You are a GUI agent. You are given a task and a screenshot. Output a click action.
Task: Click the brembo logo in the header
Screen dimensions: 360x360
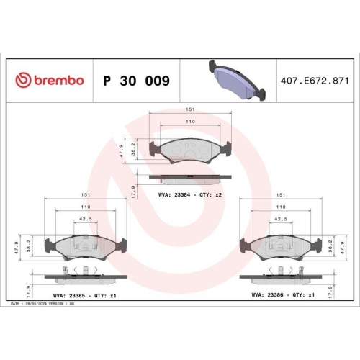point(50,81)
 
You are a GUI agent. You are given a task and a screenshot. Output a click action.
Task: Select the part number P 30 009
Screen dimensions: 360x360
point(137,81)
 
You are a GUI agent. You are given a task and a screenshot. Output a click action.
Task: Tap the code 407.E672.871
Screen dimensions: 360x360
point(313,81)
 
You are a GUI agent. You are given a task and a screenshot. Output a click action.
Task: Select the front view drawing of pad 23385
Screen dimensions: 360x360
point(86,248)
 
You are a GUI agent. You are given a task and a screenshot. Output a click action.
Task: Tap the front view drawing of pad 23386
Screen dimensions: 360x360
point(282,248)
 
